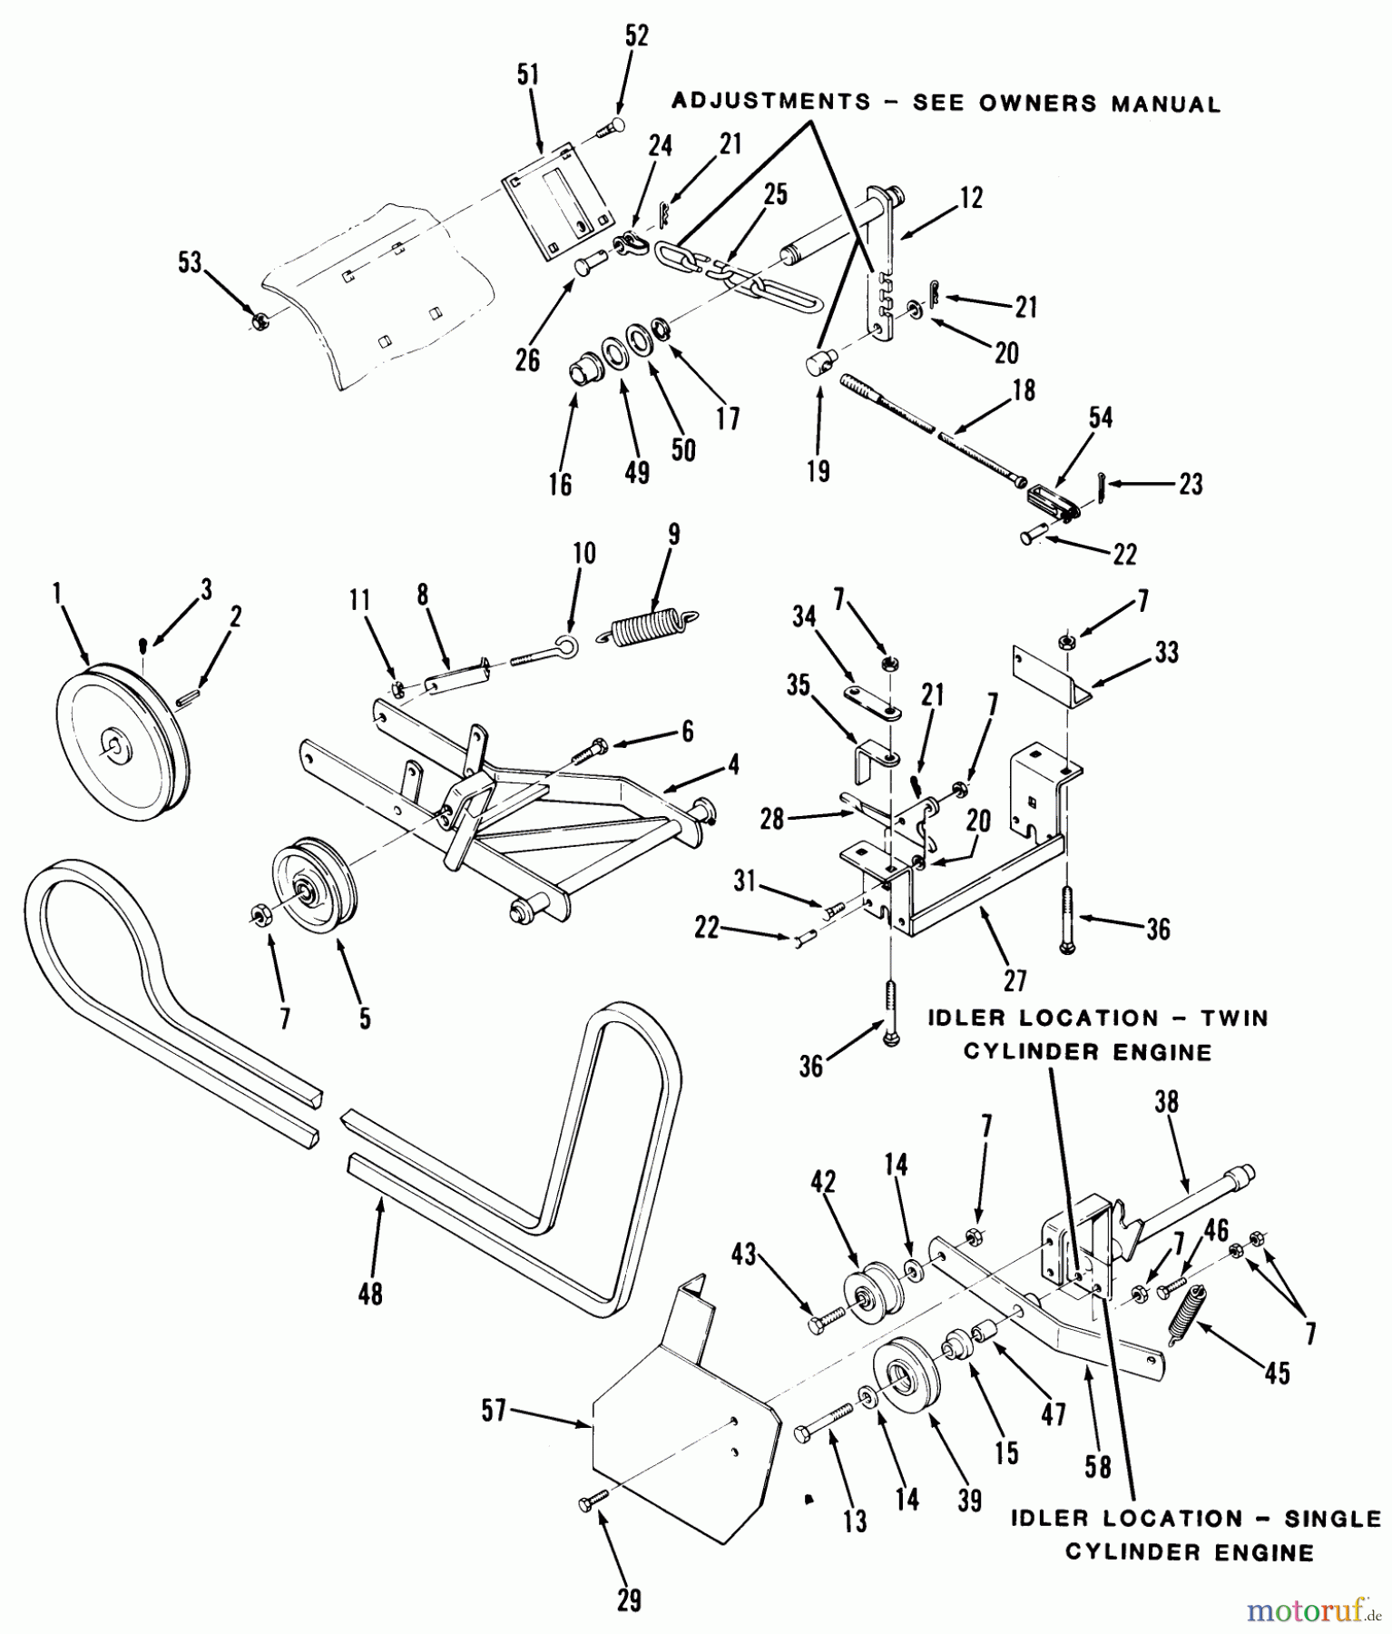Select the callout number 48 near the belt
point(370,1293)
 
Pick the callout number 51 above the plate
point(528,76)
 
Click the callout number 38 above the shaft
point(1166,1102)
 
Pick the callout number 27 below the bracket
point(1015,980)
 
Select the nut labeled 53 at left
point(258,320)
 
